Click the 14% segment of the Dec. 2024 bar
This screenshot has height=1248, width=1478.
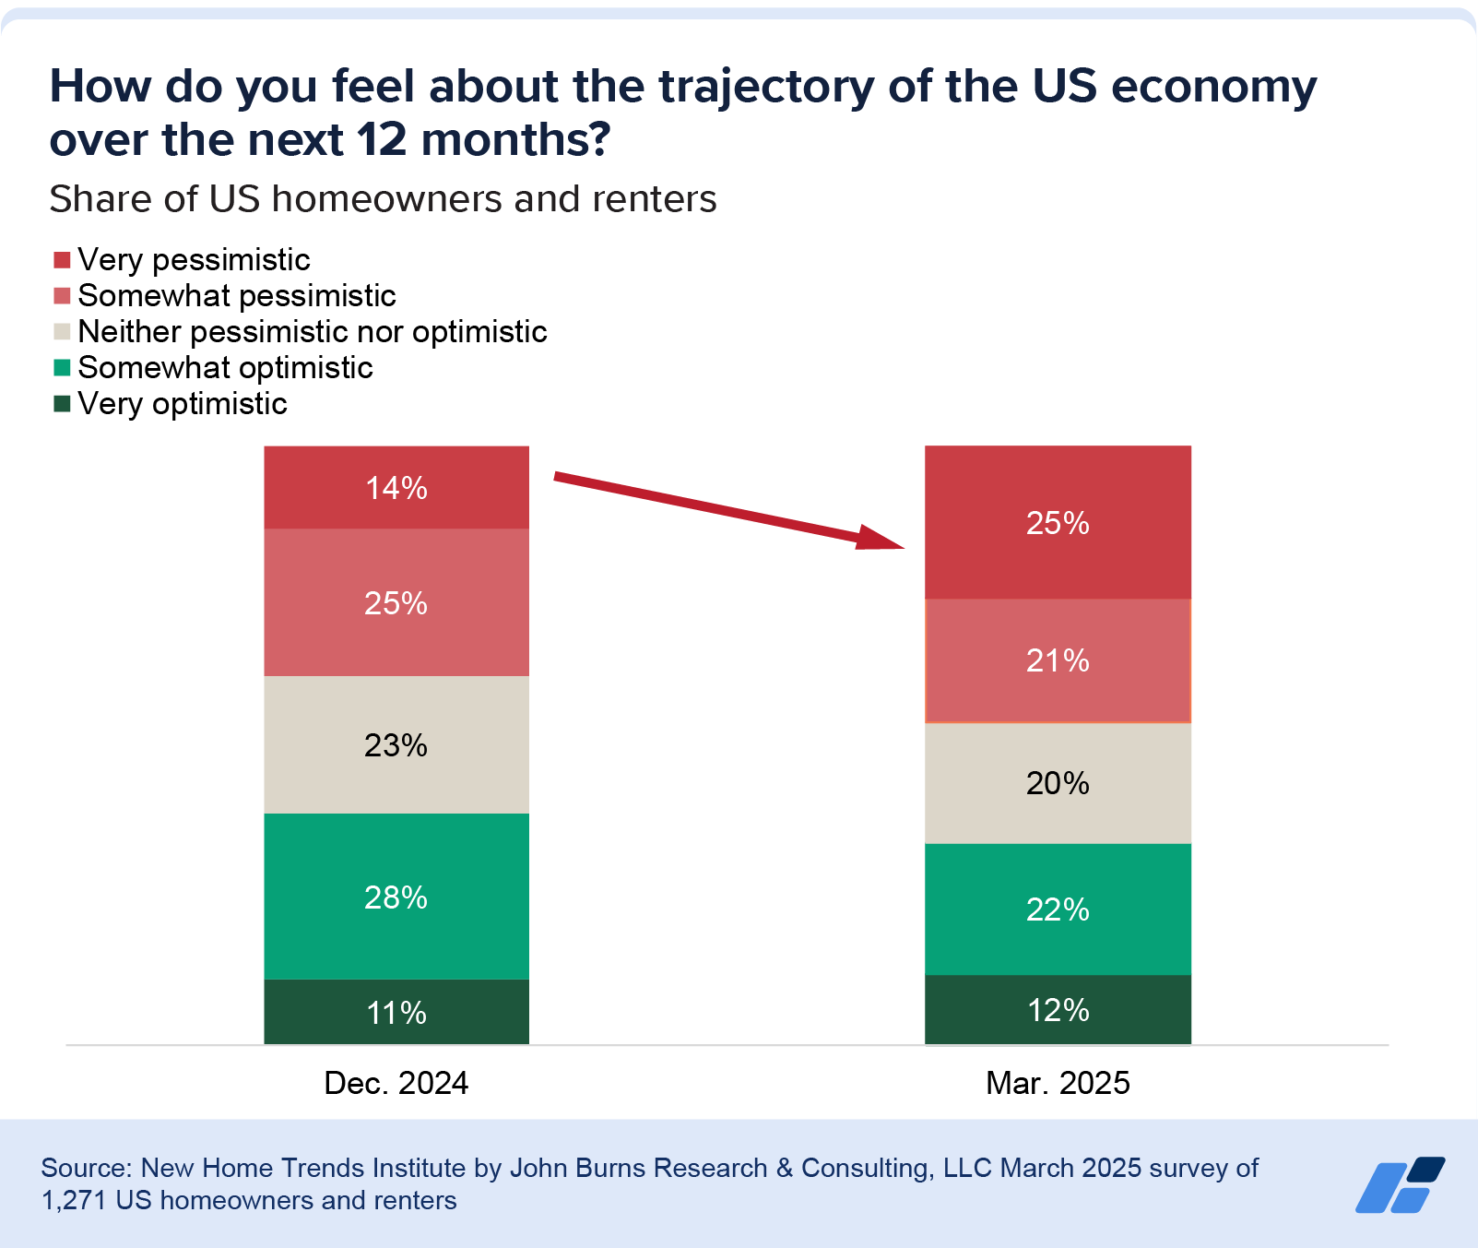396,487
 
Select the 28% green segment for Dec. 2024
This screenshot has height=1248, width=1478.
396,896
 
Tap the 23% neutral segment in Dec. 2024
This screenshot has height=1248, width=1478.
396,744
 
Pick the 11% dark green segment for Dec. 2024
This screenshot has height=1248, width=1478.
396,1012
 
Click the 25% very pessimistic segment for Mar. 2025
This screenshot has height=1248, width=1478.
1058,523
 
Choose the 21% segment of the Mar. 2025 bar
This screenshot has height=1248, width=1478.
1058,660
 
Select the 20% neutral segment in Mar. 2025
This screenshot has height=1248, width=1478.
1058,783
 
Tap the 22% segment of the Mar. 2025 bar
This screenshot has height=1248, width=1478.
1058,909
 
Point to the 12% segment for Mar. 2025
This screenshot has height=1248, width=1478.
1058,1010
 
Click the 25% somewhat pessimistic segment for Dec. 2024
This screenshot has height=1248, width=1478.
396,602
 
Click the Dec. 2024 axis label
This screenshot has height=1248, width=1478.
396,1083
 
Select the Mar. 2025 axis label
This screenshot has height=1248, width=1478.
1058,1083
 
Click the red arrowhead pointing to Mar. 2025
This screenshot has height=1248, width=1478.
881,538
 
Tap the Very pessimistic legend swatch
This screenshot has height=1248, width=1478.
62,259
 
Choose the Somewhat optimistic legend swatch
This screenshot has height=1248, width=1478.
62,367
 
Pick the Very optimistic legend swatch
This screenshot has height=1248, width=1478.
62,403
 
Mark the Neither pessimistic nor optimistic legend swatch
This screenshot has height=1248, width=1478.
62,331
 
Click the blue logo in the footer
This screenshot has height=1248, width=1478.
1400,1184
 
